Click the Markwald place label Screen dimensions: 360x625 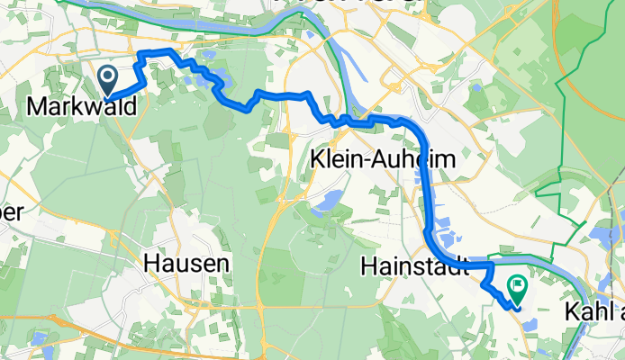pyautogui.click(x=82, y=107)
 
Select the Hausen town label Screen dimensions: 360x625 pyautogui.click(x=188, y=265)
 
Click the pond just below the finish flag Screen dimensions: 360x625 pyautogui.click(x=526, y=321)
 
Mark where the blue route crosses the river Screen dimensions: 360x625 pyautogui.click(x=492, y=265)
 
